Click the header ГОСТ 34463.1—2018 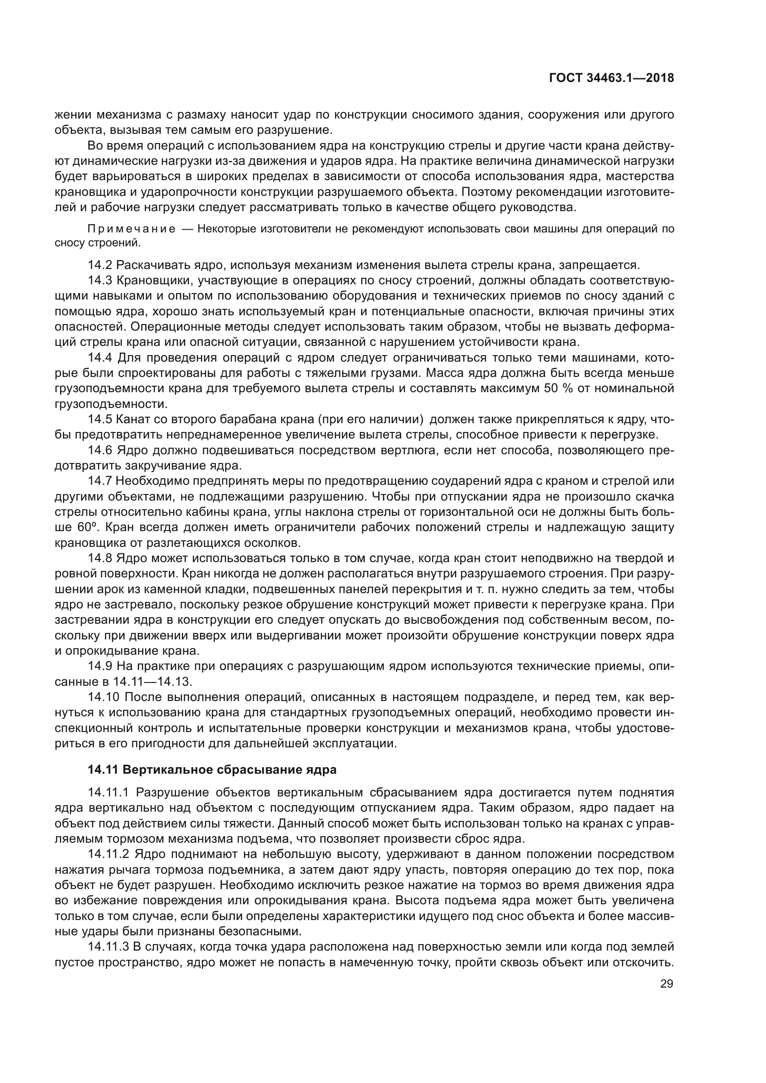tap(611, 78)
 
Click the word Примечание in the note tap(132, 230)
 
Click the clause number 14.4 tap(100, 358)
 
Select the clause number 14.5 tap(100, 420)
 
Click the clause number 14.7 tap(100, 482)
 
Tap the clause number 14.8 tap(100, 559)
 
